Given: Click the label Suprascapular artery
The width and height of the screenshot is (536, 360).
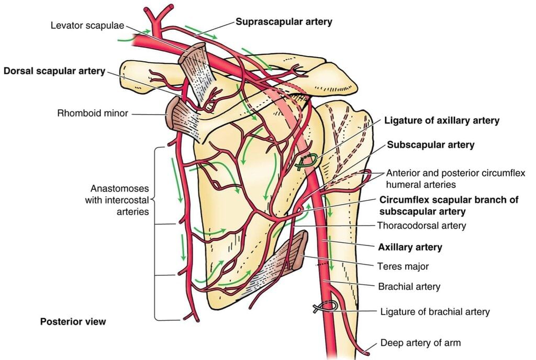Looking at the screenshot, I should pos(284,22).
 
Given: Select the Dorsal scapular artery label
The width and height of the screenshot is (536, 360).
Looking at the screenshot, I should pos(54,71).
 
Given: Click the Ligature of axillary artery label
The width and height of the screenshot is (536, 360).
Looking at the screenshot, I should pos(441,120).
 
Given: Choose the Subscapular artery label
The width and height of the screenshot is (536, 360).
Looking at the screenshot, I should pos(430,145).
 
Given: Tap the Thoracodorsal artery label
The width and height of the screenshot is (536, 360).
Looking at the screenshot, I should pos(421,226).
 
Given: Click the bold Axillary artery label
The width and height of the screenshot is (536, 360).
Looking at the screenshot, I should pos(410,247).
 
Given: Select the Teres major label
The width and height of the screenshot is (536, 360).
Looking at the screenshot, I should pos(403,266).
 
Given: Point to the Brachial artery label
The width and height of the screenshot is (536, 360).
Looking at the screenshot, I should pos(409,286).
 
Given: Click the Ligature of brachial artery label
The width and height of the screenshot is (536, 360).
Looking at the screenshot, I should pos(434,311).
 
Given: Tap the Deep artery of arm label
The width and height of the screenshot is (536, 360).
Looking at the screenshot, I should pos(420,343).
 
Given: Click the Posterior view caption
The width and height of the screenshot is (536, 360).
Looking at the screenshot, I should pos(73,321).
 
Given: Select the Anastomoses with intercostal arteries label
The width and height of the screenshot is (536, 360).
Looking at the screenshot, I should pos(117,199).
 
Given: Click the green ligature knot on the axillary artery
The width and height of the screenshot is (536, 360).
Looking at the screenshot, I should pos(305,162).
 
